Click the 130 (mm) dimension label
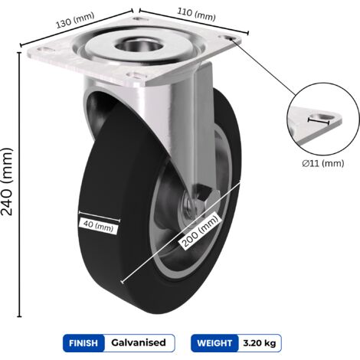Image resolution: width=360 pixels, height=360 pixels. (75, 20)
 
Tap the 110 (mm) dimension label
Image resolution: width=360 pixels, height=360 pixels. (196, 15)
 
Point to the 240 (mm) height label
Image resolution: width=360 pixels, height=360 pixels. (7, 182)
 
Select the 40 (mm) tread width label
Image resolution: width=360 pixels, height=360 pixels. (99, 225)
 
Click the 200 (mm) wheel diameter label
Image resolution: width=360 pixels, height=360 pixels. (201, 231)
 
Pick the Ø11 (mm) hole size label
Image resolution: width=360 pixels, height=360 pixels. (323, 163)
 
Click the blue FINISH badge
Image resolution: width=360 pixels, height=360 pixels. (83, 343)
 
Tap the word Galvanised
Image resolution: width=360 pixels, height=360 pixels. (139, 342)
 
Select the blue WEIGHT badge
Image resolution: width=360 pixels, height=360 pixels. (214, 343)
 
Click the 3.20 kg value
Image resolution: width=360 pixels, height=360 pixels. (260, 343)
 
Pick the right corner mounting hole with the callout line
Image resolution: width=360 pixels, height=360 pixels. (227, 38)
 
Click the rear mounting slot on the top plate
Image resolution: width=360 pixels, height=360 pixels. (139, 18)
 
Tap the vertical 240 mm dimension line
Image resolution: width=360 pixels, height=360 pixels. (19, 185)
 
